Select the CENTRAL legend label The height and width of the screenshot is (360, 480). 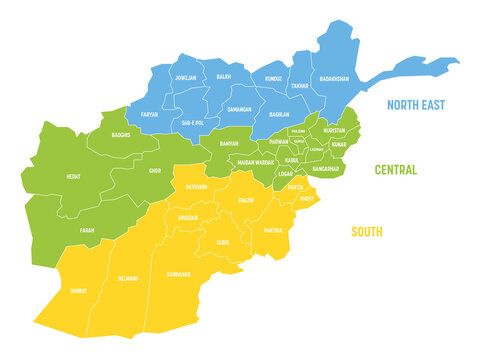395,170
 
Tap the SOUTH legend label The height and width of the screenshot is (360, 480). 366,232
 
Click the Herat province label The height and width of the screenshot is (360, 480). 75,176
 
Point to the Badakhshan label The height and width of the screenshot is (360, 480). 333,78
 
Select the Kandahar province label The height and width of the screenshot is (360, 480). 178,273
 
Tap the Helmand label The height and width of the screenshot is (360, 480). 127,278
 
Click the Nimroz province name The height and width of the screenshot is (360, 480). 78,291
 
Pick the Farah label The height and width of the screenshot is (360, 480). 87,230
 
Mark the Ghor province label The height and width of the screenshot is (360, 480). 154,171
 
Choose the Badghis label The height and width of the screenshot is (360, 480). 121,133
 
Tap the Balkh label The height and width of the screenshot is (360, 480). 224,75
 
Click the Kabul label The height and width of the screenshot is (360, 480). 291,159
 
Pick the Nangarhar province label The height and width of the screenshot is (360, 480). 328,169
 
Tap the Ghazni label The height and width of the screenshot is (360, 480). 245,200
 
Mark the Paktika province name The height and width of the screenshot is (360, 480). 272,230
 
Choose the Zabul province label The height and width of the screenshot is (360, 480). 223,242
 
